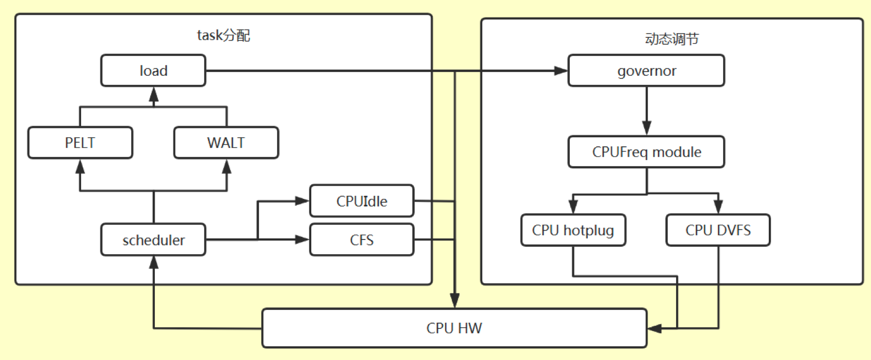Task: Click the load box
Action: pyautogui.click(x=153, y=71)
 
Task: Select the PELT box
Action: pyautogui.click(x=80, y=143)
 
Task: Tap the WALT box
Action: pyautogui.click(x=226, y=143)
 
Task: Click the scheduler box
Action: pyautogui.click(x=153, y=240)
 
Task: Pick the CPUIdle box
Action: pyautogui.click(x=362, y=201)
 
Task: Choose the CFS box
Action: pyautogui.click(x=362, y=240)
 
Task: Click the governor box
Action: pyautogui.click(x=646, y=71)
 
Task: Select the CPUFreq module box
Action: pyautogui.click(x=646, y=152)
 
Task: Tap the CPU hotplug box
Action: pyautogui.click(x=573, y=230)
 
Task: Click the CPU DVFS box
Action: pyautogui.click(x=718, y=230)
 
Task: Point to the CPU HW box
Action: pyautogui.click(x=454, y=328)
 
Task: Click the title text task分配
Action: pyautogui.click(x=223, y=35)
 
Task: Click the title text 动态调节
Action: pyautogui.click(x=671, y=38)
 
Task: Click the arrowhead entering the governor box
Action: pyautogui.click(x=561, y=71)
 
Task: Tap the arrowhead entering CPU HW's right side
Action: pyautogui.click(x=655, y=328)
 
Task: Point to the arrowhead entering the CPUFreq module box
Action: pyautogui.click(x=647, y=128)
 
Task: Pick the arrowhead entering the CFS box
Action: pyautogui.click(x=302, y=240)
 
